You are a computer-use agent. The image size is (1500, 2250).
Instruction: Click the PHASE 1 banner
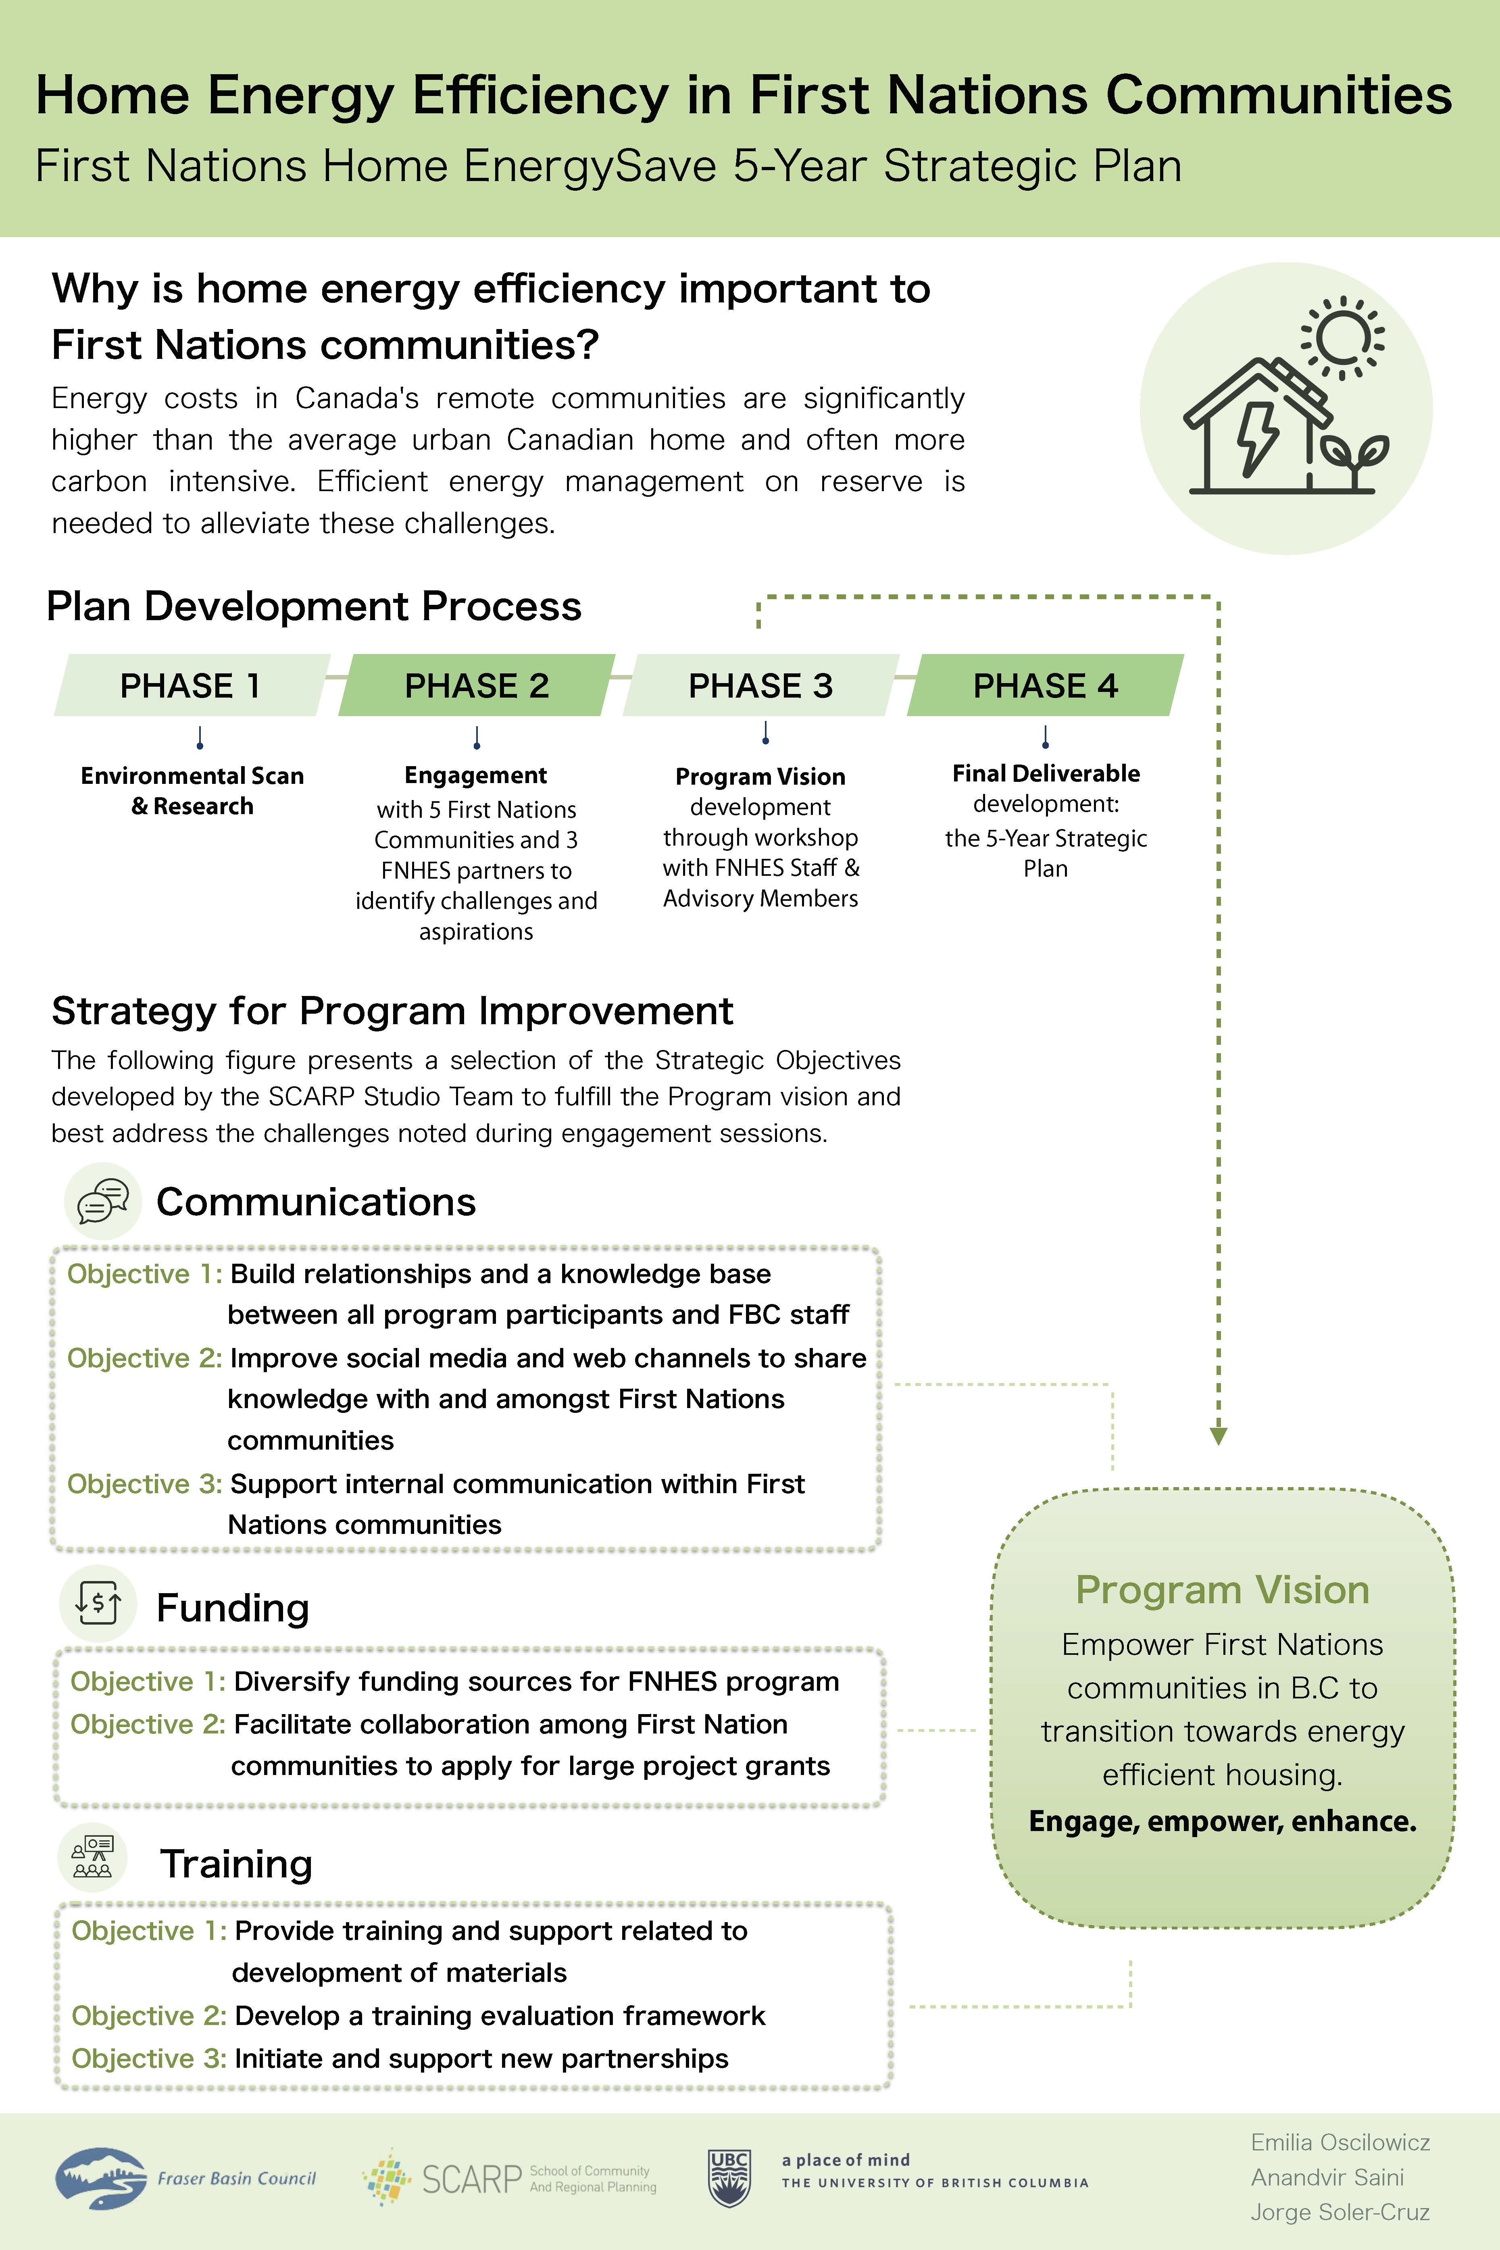(190, 685)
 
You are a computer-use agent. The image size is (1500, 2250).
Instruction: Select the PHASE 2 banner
(476, 685)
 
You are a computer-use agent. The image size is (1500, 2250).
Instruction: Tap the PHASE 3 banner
(760, 685)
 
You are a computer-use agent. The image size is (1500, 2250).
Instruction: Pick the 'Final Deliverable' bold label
(1046, 773)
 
